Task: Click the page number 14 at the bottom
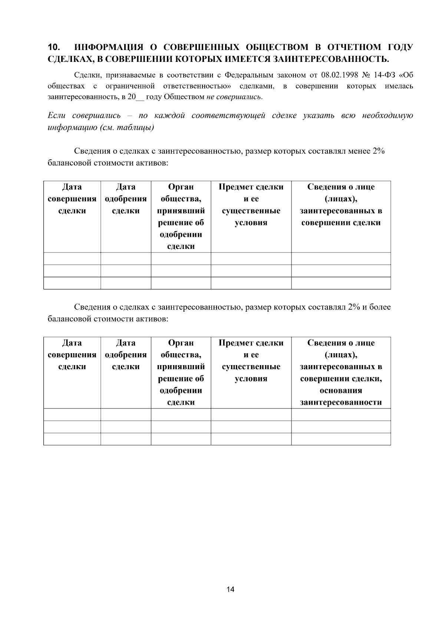tap(230, 589)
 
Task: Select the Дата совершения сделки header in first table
tap(72, 199)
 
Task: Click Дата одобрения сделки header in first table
tap(126, 199)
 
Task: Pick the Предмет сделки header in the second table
tap(251, 343)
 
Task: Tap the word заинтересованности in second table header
tap(341, 403)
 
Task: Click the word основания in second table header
tap(341, 391)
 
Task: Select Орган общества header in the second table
tap(181, 349)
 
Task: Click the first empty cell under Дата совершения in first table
tap(72, 258)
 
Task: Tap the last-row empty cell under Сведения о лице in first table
tap(341, 283)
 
